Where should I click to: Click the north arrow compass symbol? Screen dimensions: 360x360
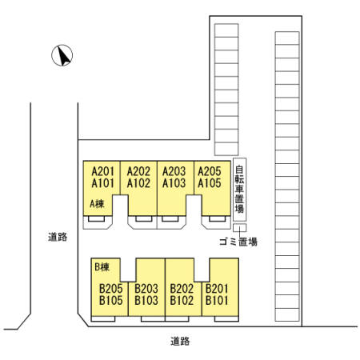[62, 55]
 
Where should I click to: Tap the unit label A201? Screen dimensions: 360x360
[103, 171]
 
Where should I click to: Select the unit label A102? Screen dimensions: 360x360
[138, 183]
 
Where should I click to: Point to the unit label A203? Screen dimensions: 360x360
[174, 171]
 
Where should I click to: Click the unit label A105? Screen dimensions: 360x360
[210, 183]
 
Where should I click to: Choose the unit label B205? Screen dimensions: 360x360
[111, 289]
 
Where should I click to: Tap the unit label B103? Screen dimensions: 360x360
[146, 301]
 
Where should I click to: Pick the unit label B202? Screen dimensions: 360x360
[182, 289]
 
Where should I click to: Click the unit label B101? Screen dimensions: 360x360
[217, 301]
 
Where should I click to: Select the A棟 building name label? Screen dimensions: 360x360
[97, 204]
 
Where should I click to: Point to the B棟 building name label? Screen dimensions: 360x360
[102, 267]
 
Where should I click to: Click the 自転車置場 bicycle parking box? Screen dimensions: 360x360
[239, 190]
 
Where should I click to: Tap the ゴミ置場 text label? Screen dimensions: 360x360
[238, 242]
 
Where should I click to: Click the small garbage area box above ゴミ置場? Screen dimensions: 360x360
[239, 228]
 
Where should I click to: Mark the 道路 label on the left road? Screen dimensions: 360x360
[58, 237]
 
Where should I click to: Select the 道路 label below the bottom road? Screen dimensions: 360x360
[180, 341]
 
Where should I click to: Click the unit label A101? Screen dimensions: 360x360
[103, 183]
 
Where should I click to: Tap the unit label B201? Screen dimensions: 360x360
[217, 289]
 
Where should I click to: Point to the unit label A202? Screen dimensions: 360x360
[138, 171]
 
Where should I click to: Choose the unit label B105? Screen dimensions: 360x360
[111, 301]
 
